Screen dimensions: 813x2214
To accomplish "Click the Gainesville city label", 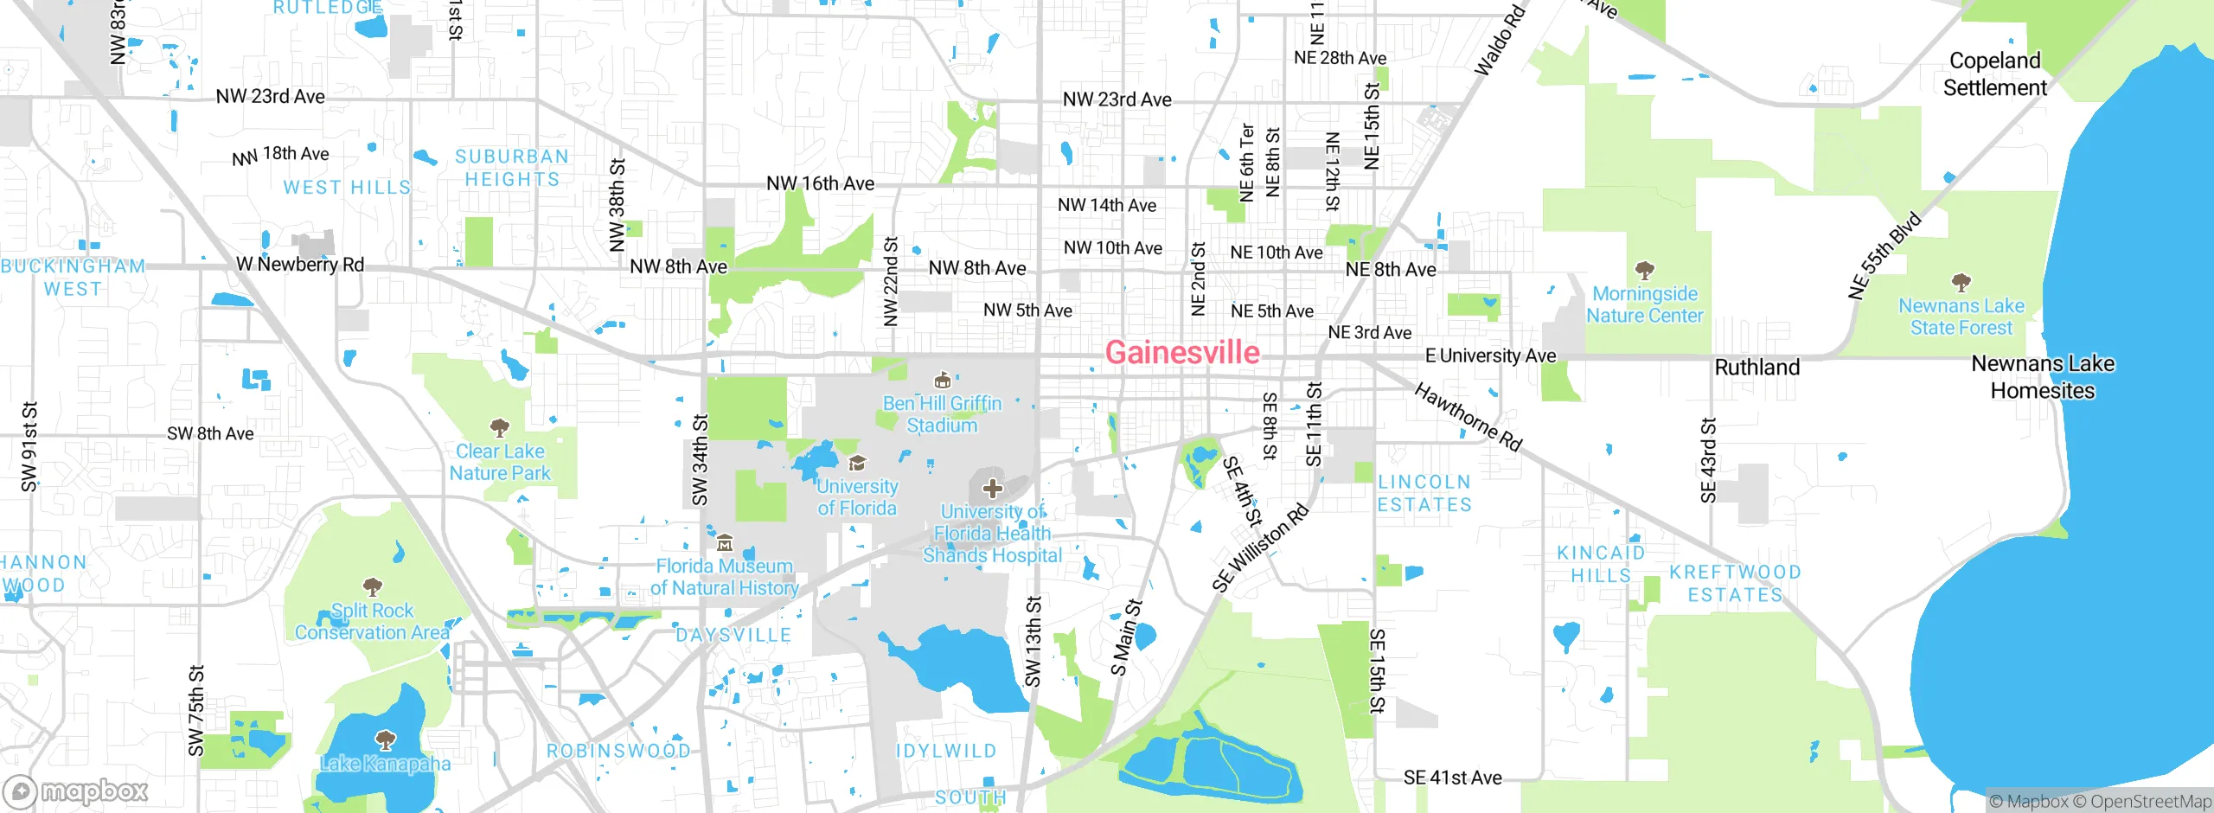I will tap(1182, 353).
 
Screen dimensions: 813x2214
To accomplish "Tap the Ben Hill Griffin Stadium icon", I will tap(943, 381).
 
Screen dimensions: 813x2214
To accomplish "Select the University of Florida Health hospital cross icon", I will tap(992, 489).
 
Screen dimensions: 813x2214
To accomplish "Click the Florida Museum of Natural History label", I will tap(725, 577).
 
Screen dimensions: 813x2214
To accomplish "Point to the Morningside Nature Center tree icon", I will tap(1645, 271).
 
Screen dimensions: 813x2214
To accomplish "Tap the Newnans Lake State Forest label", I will tap(1961, 317).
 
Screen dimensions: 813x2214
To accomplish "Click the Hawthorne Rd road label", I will tap(1468, 417).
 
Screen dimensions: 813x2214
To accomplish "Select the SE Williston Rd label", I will tap(1260, 548).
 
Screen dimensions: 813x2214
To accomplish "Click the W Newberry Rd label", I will tap(300, 264).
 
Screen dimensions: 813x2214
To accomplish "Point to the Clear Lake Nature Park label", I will tap(500, 462).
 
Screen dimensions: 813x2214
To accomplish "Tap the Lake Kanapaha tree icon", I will tap(385, 739).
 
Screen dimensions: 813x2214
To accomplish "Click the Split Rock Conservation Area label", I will tap(372, 621).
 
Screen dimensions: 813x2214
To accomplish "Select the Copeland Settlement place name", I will tap(1994, 74).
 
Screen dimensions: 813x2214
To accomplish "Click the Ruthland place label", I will tap(1756, 368).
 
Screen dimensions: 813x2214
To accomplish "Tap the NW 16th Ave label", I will tap(820, 183).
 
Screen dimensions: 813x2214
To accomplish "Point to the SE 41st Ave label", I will tap(1452, 778).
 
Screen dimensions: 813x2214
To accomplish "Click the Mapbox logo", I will tap(76, 791).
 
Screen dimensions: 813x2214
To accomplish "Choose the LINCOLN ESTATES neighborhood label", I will tap(1424, 493).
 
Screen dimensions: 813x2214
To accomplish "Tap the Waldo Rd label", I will tap(1499, 42).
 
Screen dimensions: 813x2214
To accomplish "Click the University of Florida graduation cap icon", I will tap(857, 464).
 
